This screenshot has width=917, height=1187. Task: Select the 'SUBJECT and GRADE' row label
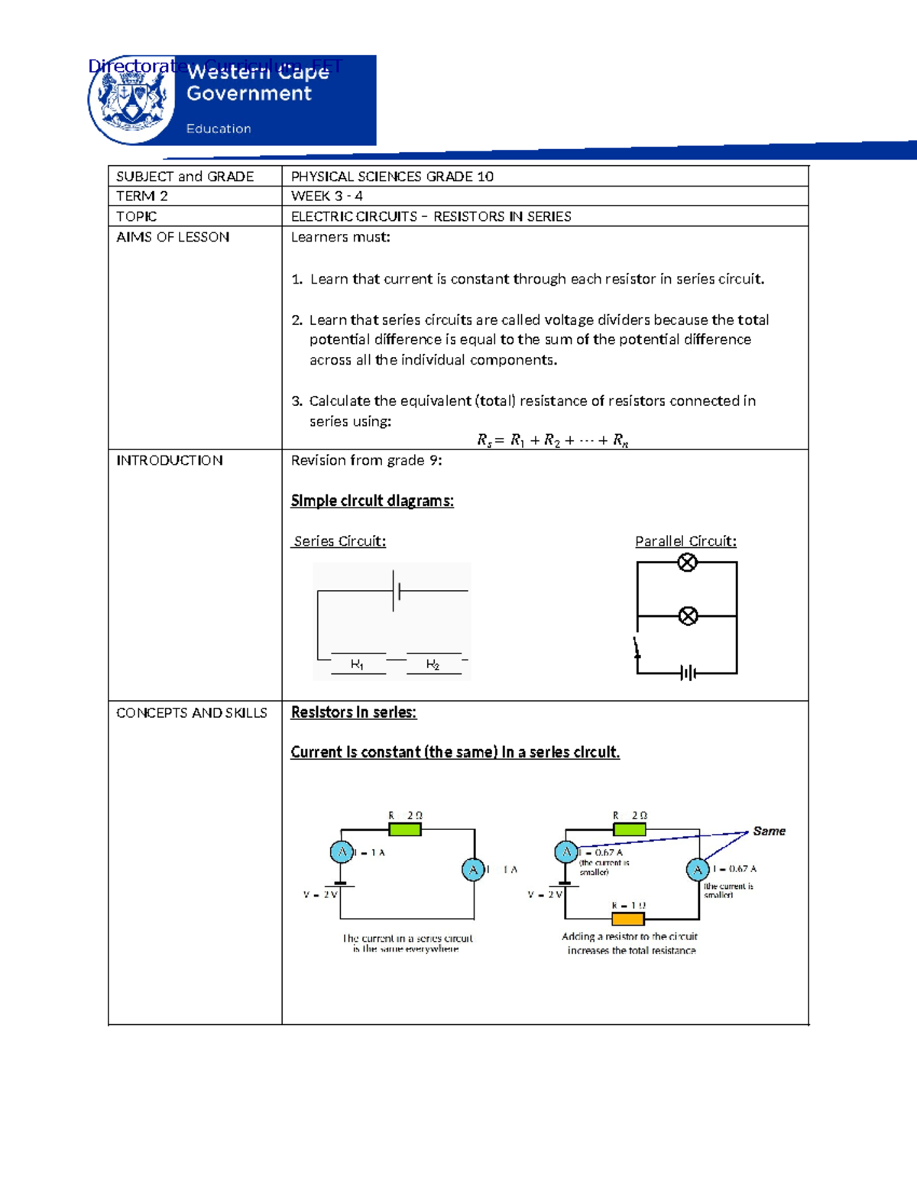(185, 177)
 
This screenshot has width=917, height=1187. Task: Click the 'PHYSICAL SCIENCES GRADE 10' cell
(392, 177)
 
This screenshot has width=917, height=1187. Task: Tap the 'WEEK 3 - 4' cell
(326, 196)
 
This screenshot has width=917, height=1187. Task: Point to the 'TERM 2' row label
(142, 196)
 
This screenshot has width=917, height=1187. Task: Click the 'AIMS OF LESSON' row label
(173, 237)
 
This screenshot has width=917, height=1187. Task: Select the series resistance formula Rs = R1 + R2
(552, 440)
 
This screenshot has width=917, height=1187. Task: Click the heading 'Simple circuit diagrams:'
(372, 501)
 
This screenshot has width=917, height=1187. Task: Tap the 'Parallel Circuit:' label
(685, 541)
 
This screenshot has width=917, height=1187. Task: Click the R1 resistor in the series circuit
(358, 663)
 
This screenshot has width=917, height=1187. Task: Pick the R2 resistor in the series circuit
(433, 663)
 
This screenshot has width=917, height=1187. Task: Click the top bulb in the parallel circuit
(688, 563)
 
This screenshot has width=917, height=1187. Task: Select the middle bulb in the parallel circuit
(688, 615)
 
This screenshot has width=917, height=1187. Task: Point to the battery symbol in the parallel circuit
(688, 673)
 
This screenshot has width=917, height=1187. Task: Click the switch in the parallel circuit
(637, 648)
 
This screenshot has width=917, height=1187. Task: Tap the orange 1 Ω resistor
(628, 918)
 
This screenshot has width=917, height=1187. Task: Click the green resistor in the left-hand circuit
(405, 829)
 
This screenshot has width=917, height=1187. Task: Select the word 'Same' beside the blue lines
(769, 831)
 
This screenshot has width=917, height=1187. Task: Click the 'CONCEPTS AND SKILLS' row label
(192, 713)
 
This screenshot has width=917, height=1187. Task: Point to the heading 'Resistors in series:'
(353, 712)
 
